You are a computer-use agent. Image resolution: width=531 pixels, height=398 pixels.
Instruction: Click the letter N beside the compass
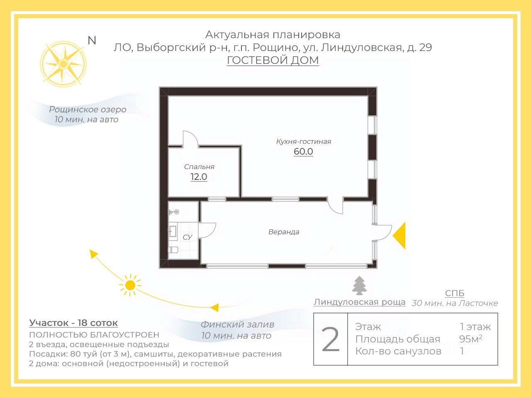click(x=92, y=40)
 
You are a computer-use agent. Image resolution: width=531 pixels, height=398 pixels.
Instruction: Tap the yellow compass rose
click(x=63, y=64)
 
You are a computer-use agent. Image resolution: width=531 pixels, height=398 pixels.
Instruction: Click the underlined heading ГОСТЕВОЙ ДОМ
click(x=273, y=60)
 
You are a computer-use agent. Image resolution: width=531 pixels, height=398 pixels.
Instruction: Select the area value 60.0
click(x=303, y=152)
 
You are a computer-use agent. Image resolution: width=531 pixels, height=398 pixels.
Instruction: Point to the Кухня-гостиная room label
click(x=303, y=141)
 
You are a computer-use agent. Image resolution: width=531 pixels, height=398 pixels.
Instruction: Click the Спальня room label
click(x=199, y=167)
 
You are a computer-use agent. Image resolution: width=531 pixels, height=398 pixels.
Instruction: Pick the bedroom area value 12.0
click(x=199, y=177)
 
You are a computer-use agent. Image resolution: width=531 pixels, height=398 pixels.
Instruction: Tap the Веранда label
click(x=284, y=232)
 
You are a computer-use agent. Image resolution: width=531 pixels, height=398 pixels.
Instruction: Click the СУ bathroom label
click(x=188, y=237)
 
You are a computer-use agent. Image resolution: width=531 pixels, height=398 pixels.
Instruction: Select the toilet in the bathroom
click(x=173, y=250)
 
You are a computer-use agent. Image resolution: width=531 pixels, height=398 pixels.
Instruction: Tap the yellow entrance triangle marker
click(x=400, y=235)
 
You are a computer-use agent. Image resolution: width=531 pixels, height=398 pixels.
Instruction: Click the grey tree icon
click(x=360, y=286)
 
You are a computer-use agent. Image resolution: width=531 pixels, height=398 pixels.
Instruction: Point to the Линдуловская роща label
click(x=359, y=302)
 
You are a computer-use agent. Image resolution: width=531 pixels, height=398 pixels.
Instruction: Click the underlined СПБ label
click(x=454, y=293)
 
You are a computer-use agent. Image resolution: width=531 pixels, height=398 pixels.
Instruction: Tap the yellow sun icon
click(x=130, y=285)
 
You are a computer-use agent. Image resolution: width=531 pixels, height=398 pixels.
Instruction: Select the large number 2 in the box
click(x=331, y=340)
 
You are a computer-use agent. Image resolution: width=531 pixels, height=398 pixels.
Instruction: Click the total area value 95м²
click(x=470, y=339)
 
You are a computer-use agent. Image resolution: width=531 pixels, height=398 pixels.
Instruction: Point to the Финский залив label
click(x=237, y=325)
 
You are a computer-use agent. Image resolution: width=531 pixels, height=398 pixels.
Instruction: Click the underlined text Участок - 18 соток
click(x=73, y=323)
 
